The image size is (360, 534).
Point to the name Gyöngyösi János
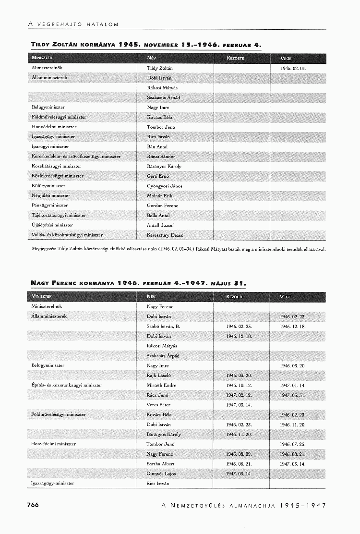[164, 186]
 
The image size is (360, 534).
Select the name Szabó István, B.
[163, 327]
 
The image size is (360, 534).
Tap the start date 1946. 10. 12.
[239, 385]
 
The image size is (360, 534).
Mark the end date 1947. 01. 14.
[293, 385]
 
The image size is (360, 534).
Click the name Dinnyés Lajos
[161, 473]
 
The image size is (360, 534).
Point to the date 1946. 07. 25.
[293, 444]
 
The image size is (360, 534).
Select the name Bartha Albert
[160, 464]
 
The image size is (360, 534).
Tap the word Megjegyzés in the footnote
[43, 249]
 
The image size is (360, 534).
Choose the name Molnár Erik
[159, 196]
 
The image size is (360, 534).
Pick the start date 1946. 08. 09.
[239, 454]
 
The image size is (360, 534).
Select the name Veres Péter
[158, 405]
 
